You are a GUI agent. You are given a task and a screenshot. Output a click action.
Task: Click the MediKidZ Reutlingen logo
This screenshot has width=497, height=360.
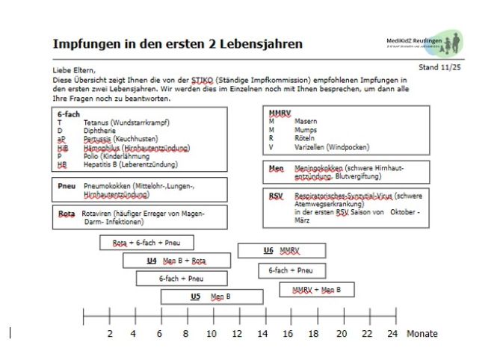tap(435, 42)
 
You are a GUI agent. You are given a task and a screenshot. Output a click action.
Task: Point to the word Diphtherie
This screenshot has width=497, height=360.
tap(100, 129)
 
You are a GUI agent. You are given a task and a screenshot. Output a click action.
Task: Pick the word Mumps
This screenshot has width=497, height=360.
tap(306, 129)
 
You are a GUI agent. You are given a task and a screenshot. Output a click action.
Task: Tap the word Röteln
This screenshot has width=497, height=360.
tap(306, 138)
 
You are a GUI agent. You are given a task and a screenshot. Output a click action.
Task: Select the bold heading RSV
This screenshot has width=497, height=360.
tap(277, 195)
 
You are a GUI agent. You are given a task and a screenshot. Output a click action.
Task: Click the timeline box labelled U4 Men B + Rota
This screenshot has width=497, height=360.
tap(176, 261)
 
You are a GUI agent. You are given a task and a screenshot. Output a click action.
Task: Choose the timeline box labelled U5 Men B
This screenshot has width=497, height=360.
tap(212, 297)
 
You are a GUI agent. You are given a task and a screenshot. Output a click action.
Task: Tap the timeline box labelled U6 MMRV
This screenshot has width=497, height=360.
tap(281, 250)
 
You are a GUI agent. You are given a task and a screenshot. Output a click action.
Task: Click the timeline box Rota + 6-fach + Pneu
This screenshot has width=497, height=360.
tap(146, 243)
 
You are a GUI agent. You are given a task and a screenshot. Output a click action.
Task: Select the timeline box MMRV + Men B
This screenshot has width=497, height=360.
tap(316, 289)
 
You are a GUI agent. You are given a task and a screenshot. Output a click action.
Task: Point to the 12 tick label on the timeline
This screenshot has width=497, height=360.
tap(237, 333)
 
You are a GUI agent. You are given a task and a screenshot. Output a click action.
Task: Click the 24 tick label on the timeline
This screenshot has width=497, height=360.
tap(392, 333)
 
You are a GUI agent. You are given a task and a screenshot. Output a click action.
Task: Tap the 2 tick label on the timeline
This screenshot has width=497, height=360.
tap(110, 333)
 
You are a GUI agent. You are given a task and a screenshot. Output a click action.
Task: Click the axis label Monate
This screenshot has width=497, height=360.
tap(422, 333)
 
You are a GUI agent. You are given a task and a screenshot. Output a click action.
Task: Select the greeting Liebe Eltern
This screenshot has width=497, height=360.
tap(75, 70)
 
